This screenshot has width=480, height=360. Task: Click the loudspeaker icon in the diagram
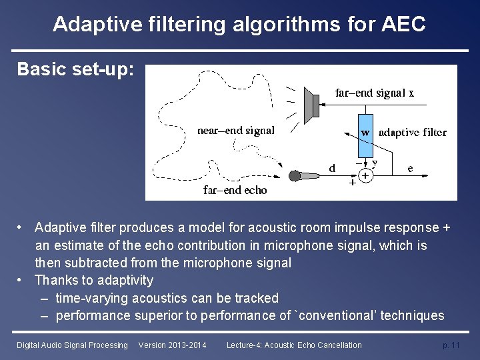[x=311, y=105]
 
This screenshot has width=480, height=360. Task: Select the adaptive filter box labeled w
[x=365, y=132]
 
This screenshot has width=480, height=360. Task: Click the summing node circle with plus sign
[x=365, y=176]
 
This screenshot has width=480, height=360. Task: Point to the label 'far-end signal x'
[x=374, y=93]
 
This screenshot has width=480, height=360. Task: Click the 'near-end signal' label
[x=236, y=131]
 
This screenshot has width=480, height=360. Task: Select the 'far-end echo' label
[x=235, y=191]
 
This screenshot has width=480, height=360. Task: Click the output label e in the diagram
[x=410, y=168]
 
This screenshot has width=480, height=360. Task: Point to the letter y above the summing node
[x=375, y=162]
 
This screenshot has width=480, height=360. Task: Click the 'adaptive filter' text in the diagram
[x=412, y=132]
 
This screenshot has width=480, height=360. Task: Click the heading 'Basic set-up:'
[x=75, y=69]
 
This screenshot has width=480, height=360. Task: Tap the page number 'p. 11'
[x=451, y=345]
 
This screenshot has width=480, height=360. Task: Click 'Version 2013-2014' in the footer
[x=172, y=345]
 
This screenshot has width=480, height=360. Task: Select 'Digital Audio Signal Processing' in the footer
[x=72, y=345]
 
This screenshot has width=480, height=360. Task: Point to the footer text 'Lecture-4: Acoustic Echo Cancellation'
[x=294, y=345]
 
